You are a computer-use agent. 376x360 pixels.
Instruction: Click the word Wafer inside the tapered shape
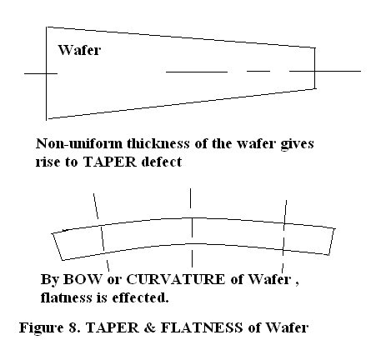[79, 50]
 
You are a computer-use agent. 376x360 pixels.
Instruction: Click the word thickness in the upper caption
[158, 143]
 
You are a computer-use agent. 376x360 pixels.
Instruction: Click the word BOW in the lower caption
[83, 279]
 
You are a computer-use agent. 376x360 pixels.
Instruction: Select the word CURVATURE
[175, 279]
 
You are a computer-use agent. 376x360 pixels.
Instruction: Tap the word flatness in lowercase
[66, 297]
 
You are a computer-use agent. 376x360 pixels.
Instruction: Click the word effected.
[140, 297]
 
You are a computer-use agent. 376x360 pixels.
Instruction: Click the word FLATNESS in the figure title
[202, 327]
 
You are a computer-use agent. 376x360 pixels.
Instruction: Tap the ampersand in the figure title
[150, 327]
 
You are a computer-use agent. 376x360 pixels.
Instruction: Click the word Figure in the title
[41, 327]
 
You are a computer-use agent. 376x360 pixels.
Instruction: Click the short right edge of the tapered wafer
[315, 68]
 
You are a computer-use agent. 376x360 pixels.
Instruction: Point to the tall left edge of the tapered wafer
[46, 73]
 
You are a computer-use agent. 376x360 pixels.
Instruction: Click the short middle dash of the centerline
[258, 72]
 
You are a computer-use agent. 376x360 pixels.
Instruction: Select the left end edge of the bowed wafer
[58, 247]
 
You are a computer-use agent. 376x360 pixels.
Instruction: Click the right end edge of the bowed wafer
[332, 242]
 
